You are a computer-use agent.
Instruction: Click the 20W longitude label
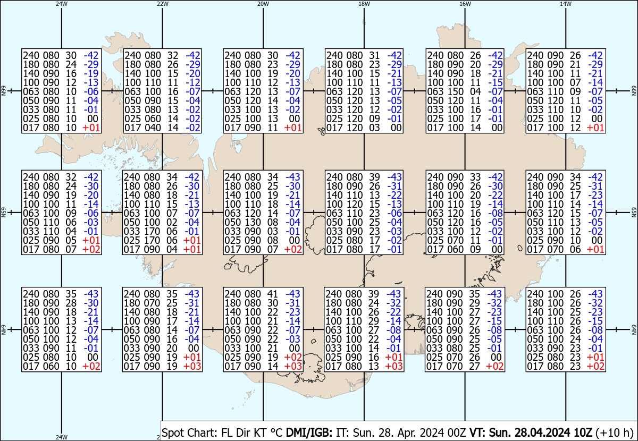(263, 4)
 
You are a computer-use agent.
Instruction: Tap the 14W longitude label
(565, 4)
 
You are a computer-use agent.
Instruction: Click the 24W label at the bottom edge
(62, 437)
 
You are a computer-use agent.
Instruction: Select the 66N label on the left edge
(3, 91)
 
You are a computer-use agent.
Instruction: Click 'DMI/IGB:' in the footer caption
(309, 432)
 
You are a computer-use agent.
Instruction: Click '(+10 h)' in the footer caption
(615, 432)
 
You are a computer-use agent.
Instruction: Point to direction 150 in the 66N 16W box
(455, 92)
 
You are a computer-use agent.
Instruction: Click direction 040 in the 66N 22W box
(153, 128)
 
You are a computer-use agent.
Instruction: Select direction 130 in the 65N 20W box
(253, 222)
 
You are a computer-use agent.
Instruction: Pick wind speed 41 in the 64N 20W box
(273, 294)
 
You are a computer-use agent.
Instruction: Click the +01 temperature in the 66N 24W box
(91, 128)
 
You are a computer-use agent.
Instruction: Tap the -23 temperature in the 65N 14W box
(595, 195)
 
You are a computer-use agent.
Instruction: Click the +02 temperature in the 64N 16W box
(494, 367)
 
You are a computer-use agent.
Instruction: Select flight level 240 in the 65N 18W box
(334, 177)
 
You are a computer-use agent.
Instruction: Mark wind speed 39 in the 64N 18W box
(373, 294)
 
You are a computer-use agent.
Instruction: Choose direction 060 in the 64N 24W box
(51, 367)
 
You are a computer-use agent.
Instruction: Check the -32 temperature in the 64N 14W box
(595, 303)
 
